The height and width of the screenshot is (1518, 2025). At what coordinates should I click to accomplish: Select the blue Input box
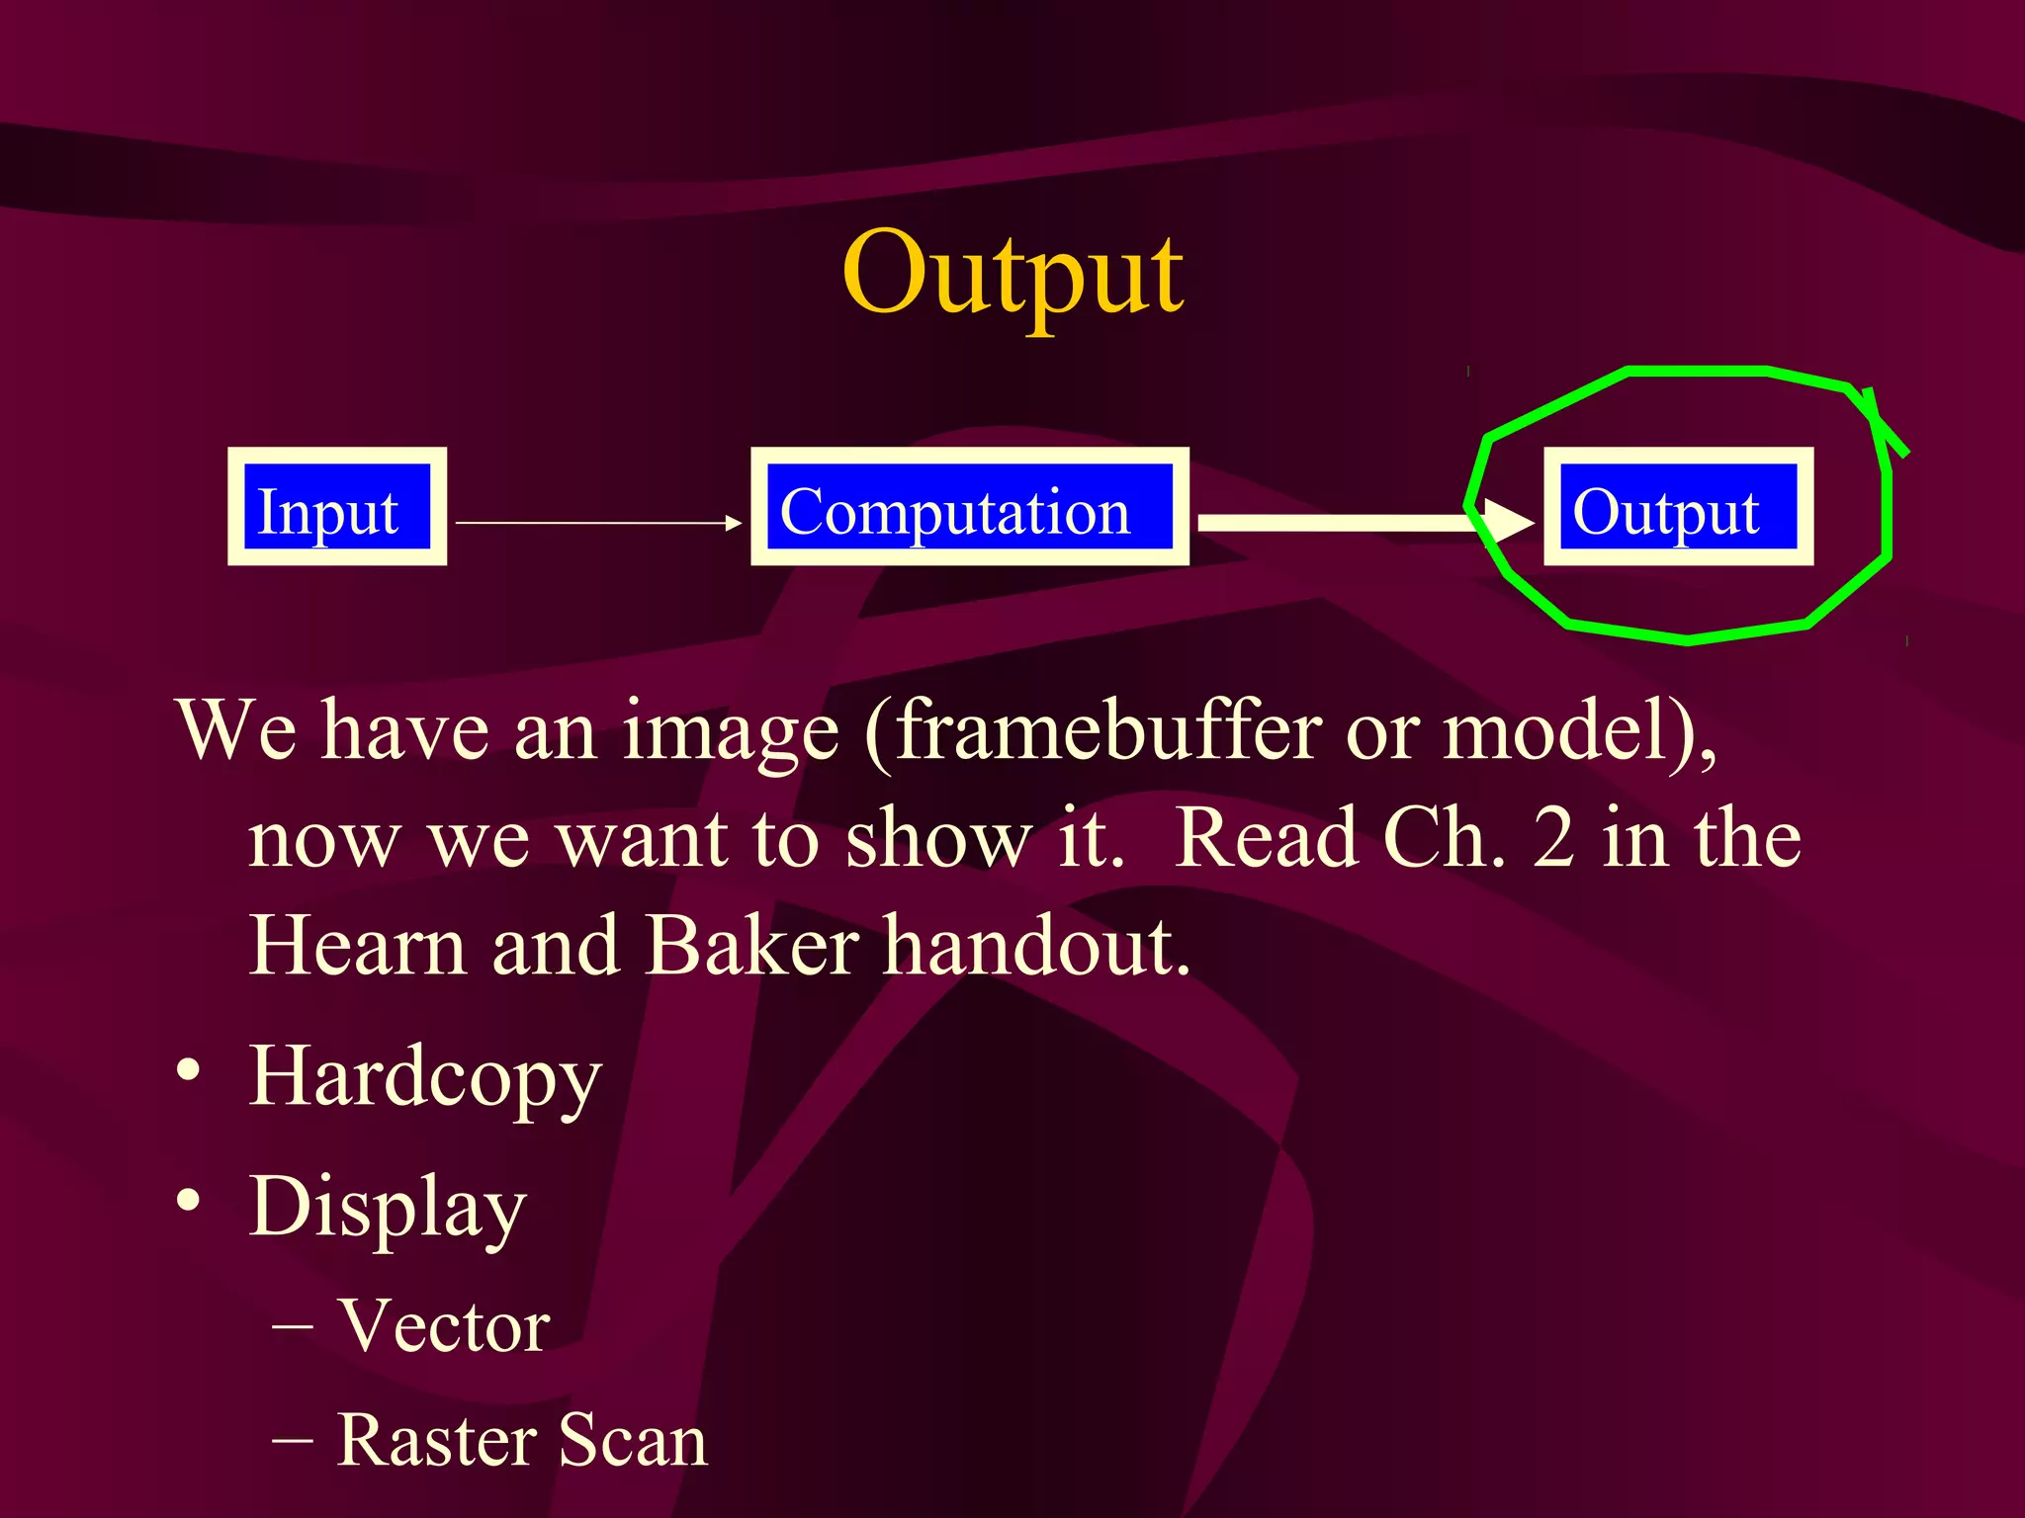(336, 507)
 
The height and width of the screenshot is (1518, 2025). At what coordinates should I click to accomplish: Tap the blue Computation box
(969, 507)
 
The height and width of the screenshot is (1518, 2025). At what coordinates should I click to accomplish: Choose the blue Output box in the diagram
(1678, 507)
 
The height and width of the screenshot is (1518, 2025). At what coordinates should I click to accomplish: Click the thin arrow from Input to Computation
(597, 523)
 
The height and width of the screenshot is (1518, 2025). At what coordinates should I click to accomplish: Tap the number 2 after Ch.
(1553, 838)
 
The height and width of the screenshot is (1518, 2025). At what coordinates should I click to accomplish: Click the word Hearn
(357, 946)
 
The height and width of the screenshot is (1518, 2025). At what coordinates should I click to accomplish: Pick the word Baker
(751, 946)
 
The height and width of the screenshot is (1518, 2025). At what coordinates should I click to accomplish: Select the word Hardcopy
(425, 1077)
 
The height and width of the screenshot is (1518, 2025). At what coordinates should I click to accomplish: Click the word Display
(388, 1208)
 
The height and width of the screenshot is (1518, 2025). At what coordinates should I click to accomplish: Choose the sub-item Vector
(443, 1325)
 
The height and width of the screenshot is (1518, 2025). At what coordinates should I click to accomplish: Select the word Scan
(634, 1440)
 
